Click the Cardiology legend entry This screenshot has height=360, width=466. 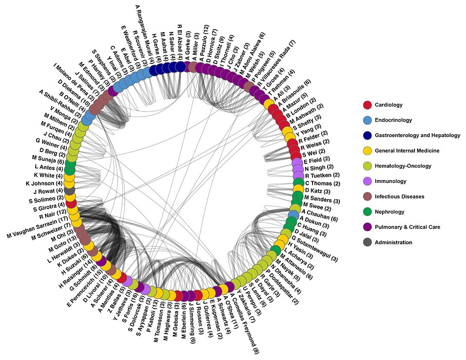pyautogui.click(x=388, y=105)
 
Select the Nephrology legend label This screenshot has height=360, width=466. pyautogui.click(x=390, y=212)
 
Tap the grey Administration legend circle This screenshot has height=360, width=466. pyautogui.click(x=367, y=243)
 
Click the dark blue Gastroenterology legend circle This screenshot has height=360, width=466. pyautogui.click(x=367, y=135)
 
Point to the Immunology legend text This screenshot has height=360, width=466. pyautogui.click(x=391, y=181)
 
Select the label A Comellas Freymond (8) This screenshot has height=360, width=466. pyautogui.click(x=247, y=321)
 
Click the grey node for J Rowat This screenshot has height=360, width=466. pyautogui.click(x=69, y=191)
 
